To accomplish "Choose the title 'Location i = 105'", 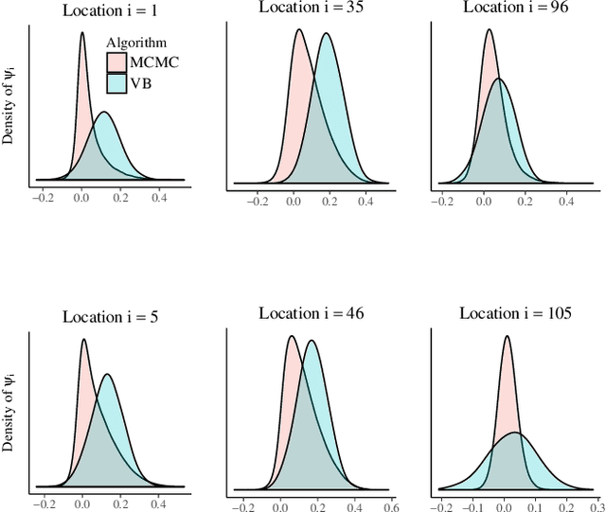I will click(x=515, y=313).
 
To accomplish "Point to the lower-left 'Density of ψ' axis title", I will click(x=9, y=415).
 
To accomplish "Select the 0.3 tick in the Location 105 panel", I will click(x=596, y=506).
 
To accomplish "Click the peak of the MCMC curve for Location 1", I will click(x=81, y=34).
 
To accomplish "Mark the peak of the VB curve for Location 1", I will click(x=104, y=113).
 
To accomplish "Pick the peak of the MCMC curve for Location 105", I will click(x=508, y=336).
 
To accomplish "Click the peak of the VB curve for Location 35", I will click(x=327, y=34).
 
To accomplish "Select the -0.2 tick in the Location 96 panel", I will click(x=441, y=201).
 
